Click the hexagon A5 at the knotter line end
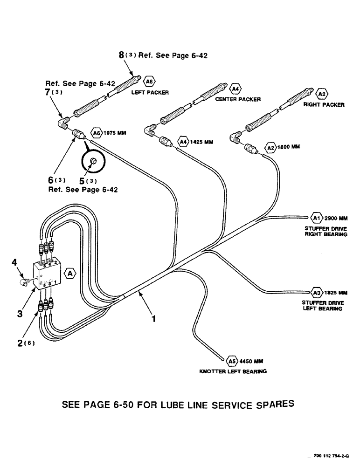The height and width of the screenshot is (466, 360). pyautogui.click(x=232, y=361)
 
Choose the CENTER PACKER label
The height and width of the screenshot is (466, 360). pyautogui.click(x=237, y=99)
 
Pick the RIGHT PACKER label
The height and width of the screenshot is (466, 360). pyautogui.click(x=324, y=105)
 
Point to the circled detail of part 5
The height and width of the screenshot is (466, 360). pyautogui.click(x=93, y=161)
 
